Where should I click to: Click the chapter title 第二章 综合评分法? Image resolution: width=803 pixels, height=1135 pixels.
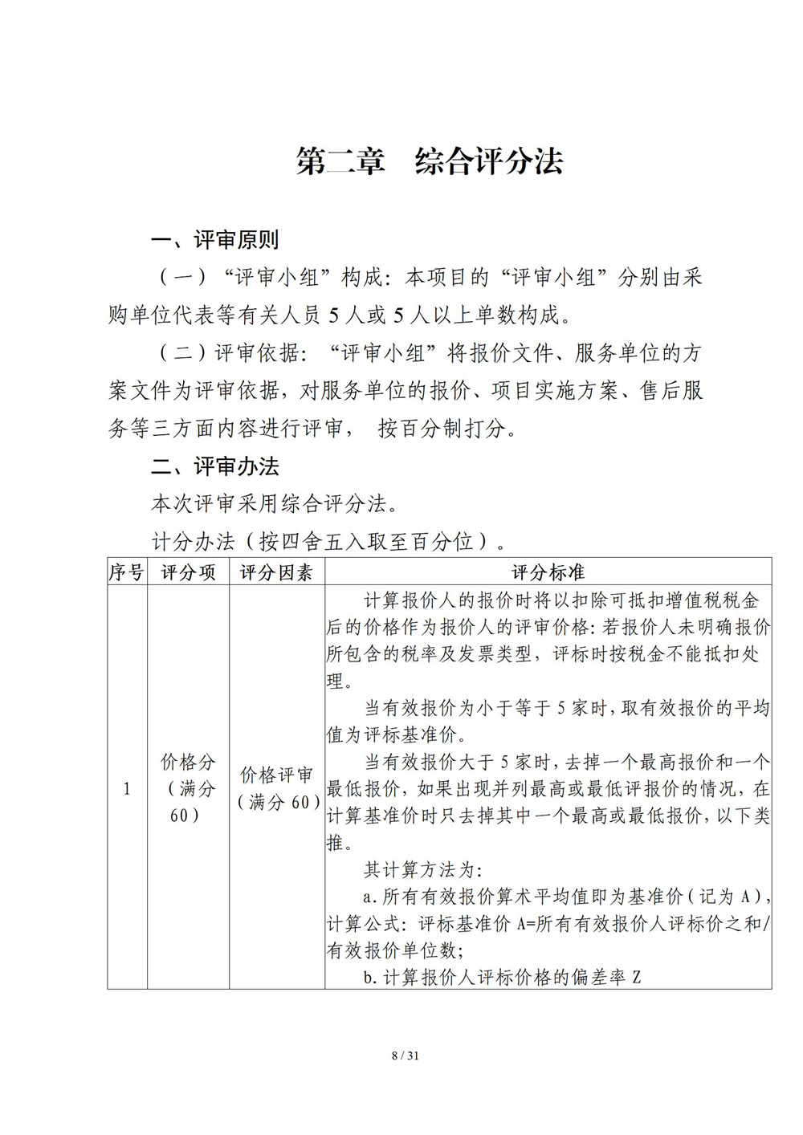[430, 161]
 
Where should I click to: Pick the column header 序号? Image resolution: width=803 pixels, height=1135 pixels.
[127, 572]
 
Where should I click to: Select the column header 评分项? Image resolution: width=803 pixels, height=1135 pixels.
[188, 572]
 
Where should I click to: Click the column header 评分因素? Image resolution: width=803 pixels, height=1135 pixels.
[276, 572]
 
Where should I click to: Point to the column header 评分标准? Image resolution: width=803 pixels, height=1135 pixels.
[548, 572]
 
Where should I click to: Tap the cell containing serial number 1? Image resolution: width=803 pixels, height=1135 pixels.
[127, 789]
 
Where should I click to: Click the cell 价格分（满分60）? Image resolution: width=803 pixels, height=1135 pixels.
[188, 788]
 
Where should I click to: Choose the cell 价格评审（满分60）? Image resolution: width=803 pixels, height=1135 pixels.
[276, 788]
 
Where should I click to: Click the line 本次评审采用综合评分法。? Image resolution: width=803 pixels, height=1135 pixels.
[274, 504]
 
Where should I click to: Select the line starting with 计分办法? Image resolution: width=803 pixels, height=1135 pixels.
[329, 542]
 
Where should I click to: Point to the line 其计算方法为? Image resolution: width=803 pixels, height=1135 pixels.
[422, 870]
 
